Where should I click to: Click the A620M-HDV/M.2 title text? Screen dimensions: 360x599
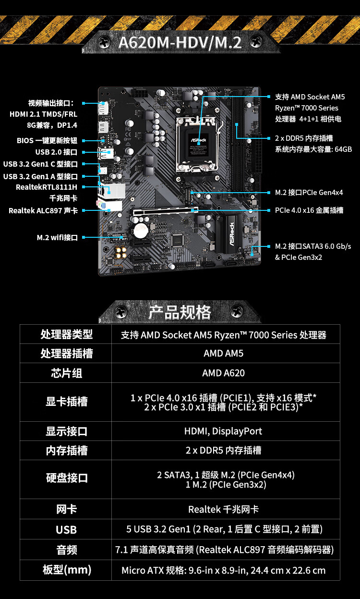click(180, 43)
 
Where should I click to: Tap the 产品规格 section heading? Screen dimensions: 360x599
click(180, 312)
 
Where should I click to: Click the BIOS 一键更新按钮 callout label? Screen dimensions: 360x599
click(47, 141)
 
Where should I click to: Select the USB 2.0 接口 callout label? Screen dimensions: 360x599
click(56, 152)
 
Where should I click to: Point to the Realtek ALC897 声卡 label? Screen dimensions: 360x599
click(43, 211)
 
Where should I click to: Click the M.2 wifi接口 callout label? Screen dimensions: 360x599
click(57, 237)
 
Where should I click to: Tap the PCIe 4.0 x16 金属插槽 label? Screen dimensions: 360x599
click(309, 210)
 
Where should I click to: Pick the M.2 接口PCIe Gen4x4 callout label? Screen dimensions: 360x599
click(309, 193)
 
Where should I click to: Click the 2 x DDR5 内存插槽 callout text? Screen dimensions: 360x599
click(304, 138)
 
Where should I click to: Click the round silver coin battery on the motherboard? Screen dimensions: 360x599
click(141, 231)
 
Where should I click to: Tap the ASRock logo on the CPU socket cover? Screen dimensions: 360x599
click(198, 140)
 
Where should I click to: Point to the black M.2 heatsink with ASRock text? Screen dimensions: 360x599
click(231, 234)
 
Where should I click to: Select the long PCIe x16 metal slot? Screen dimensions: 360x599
click(166, 211)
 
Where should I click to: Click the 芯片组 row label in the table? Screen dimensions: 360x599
click(67, 373)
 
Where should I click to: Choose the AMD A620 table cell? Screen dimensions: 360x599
click(223, 373)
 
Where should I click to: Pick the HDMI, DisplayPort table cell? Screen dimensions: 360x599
click(223, 431)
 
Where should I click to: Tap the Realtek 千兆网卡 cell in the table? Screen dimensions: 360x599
click(223, 510)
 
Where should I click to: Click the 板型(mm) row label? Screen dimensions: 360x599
click(67, 570)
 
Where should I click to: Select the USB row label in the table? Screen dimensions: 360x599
click(66, 530)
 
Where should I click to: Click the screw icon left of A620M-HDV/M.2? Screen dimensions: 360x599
click(104, 42)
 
